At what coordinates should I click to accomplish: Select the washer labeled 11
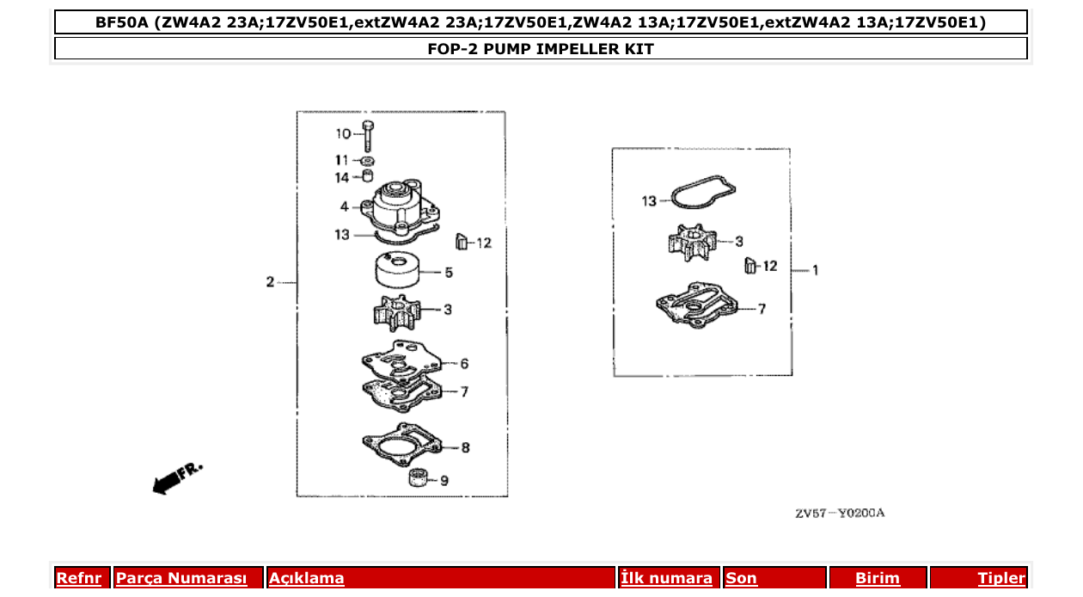click(x=367, y=161)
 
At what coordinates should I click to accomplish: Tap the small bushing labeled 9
click(x=418, y=479)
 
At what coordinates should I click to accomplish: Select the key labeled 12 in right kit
click(x=749, y=266)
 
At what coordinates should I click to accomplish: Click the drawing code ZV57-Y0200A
click(x=839, y=514)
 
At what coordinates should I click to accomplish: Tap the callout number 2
click(x=270, y=282)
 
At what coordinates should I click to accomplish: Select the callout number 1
click(x=815, y=270)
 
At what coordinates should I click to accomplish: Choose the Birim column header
click(x=878, y=578)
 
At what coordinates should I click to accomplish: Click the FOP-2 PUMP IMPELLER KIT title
click(x=541, y=49)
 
